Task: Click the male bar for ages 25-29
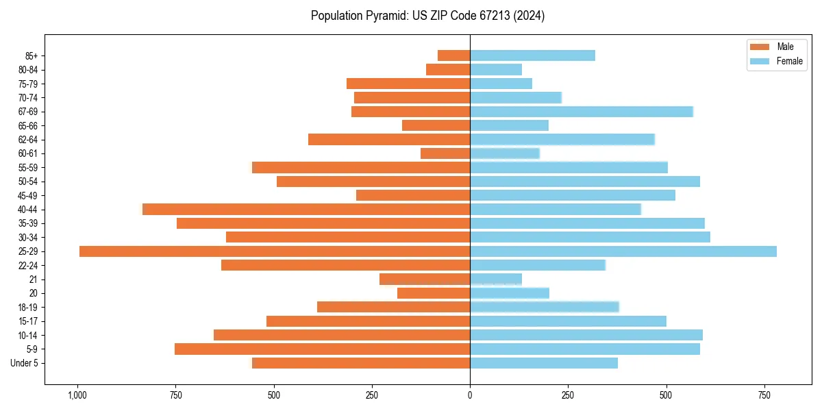[274, 251]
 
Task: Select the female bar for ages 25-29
[623, 251]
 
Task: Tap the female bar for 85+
[532, 55]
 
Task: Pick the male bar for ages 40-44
[306, 210]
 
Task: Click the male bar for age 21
[425, 279]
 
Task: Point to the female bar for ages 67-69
[582, 112]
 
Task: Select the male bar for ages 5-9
[322, 349]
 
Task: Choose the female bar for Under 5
[544, 363]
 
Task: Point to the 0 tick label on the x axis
[470, 395]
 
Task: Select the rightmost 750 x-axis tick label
[764, 395]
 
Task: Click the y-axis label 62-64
[28, 140]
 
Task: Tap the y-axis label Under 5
[25, 363]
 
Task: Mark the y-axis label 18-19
[28, 308]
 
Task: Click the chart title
[427, 16]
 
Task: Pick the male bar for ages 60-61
[445, 153]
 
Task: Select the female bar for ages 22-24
[538, 265]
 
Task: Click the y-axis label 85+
[32, 55]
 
